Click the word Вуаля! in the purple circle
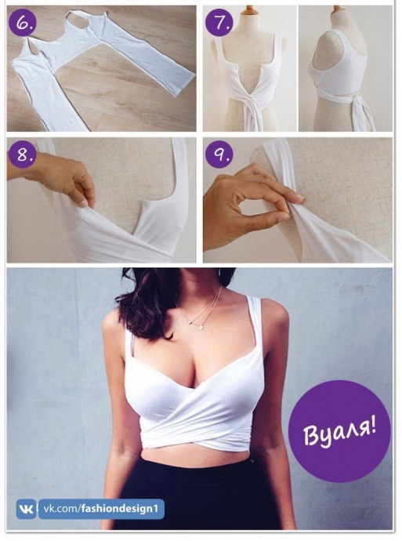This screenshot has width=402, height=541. point(339,430)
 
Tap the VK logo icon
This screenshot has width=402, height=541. point(27,509)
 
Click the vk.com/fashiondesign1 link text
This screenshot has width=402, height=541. point(100,509)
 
